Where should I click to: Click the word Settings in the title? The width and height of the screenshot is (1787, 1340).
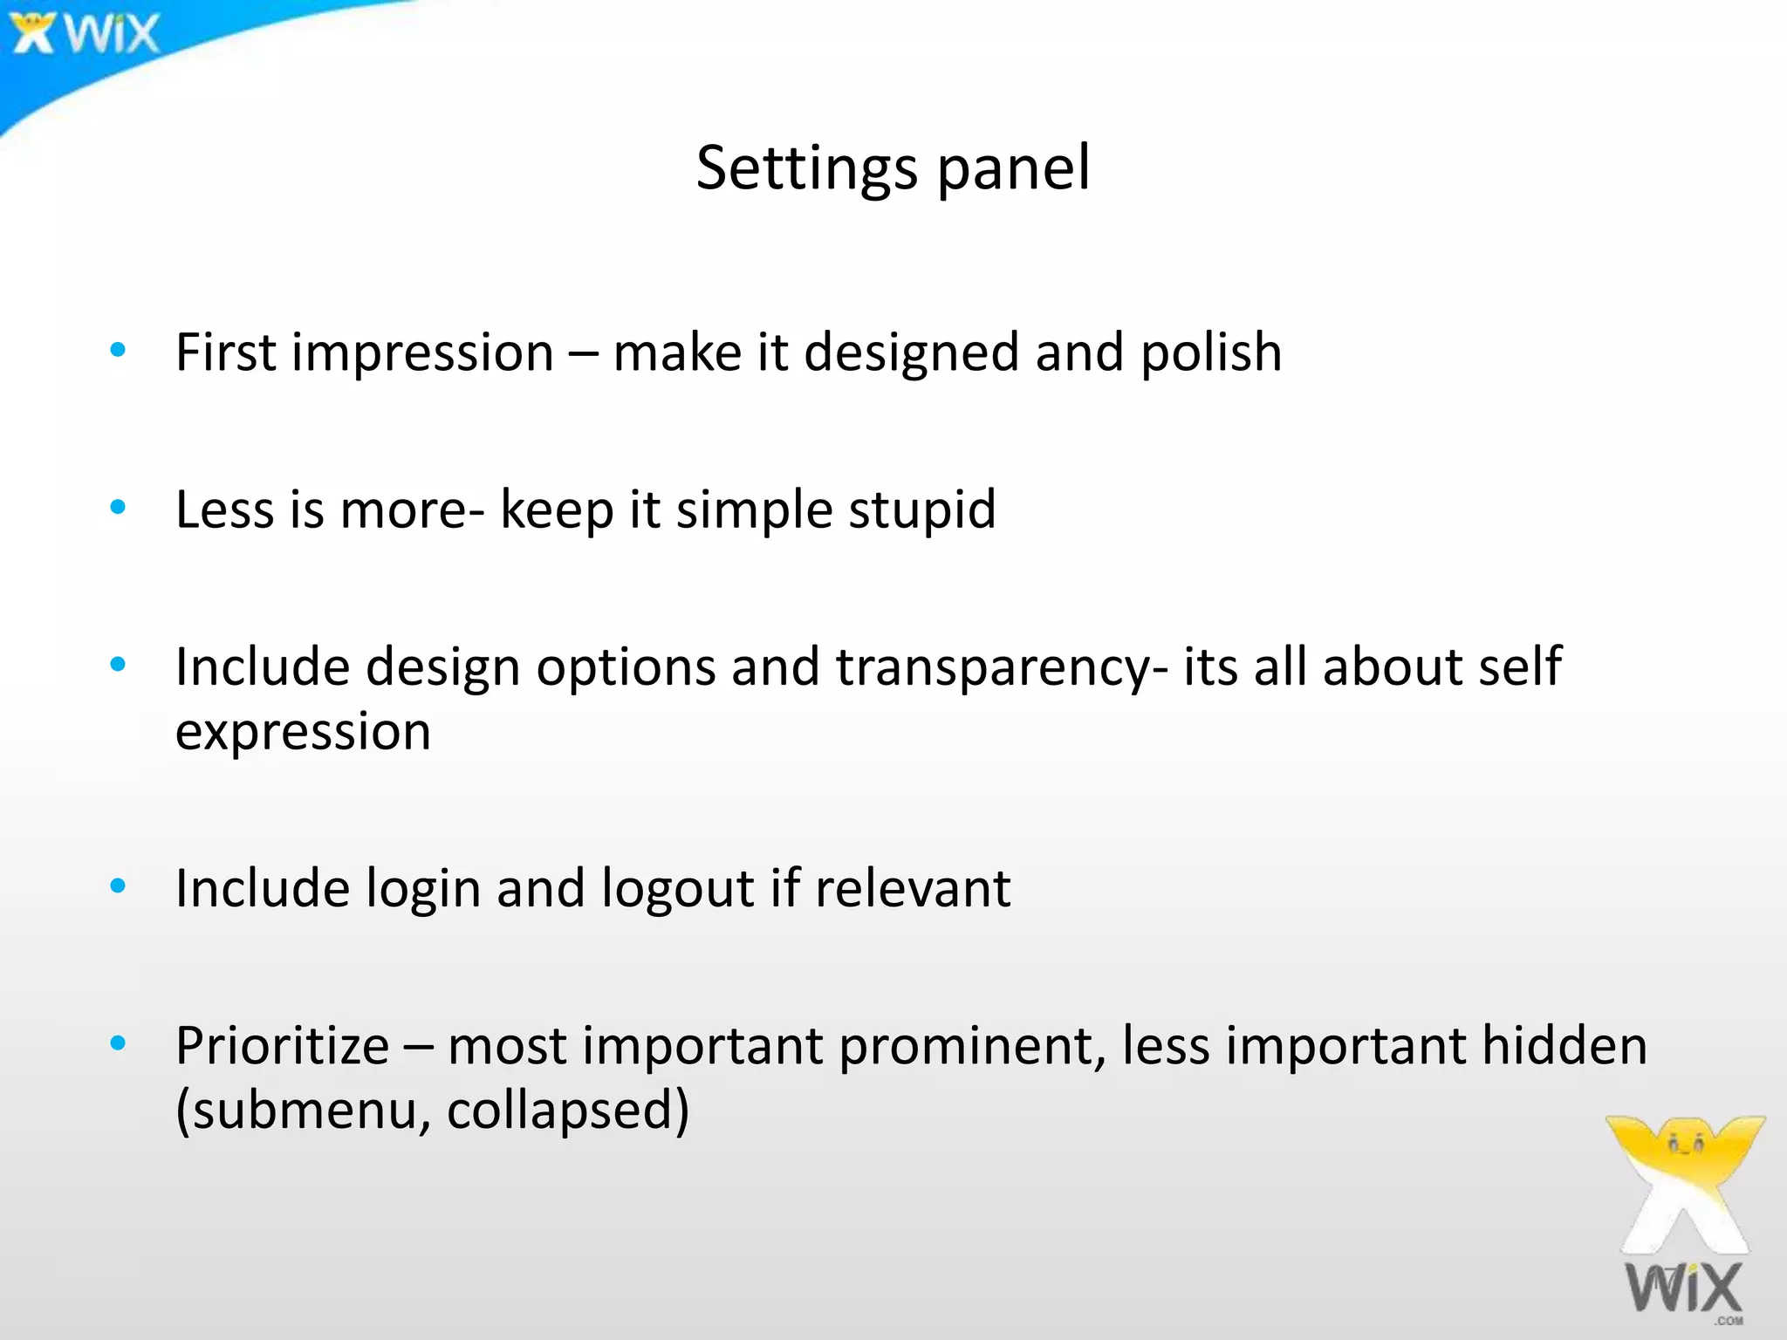(806, 168)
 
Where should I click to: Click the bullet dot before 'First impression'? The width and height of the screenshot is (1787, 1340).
(118, 351)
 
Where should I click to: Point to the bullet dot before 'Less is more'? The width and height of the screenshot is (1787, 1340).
(118, 507)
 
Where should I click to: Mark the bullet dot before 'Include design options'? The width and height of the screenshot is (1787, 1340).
(118, 665)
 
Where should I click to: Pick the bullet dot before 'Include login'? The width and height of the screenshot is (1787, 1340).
(118, 886)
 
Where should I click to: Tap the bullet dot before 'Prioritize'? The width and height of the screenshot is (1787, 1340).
(118, 1043)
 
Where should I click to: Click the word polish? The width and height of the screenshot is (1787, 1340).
(1211, 353)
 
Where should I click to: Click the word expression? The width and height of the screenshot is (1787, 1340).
(303, 733)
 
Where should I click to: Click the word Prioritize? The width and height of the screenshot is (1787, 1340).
(282, 1046)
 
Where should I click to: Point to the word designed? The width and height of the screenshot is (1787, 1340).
(911, 353)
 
